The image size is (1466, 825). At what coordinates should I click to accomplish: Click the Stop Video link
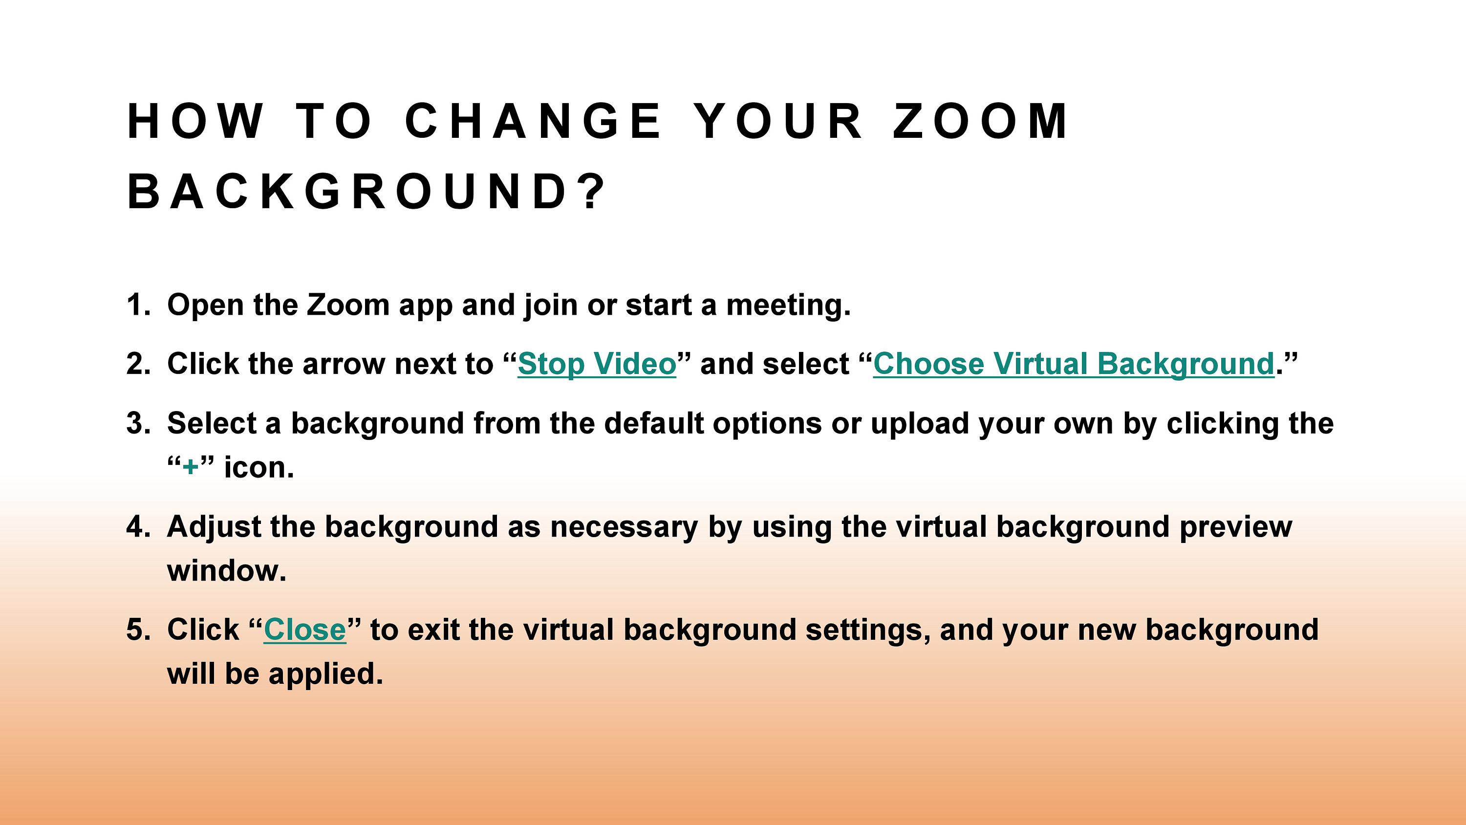pyautogui.click(x=596, y=364)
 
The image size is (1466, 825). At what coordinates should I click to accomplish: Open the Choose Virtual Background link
pyautogui.click(x=1073, y=364)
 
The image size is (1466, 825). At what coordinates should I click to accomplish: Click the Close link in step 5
pyautogui.click(x=304, y=630)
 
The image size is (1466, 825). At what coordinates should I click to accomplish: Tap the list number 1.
pyautogui.click(x=137, y=304)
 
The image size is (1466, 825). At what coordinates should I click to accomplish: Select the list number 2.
pyautogui.click(x=137, y=364)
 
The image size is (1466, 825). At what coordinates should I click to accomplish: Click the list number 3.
pyautogui.click(x=137, y=424)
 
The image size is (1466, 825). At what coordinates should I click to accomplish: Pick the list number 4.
pyautogui.click(x=137, y=527)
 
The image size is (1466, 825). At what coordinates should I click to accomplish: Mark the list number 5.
pyautogui.click(x=137, y=630)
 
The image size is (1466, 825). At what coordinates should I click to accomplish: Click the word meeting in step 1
pyautogui.click(x=788, y=305)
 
